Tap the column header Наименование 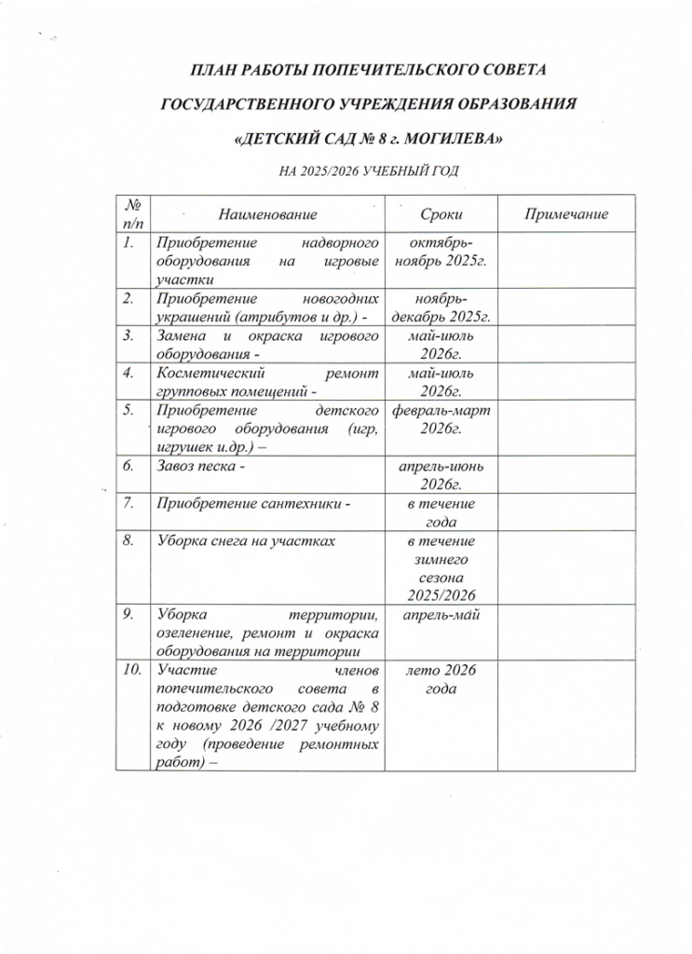pos(261,215)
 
